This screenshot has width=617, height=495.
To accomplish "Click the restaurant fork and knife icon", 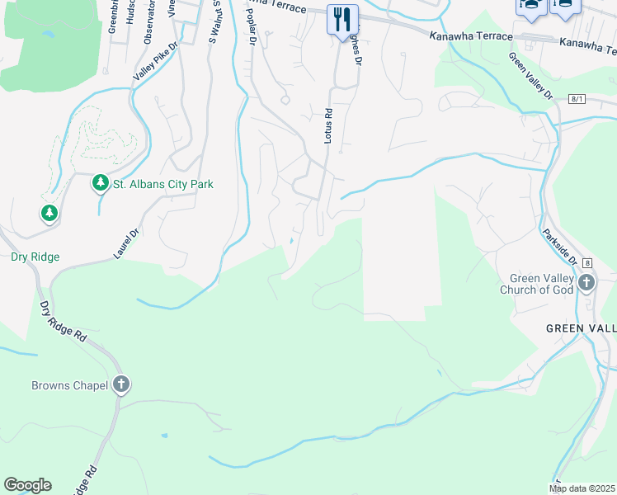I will click(341, 19).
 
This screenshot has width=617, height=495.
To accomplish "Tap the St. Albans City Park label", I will click(162, 184).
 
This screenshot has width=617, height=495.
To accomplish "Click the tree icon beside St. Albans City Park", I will click(101, 182).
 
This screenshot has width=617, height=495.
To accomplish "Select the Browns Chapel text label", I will click(70, 385).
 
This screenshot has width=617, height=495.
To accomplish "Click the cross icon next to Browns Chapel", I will click(120, 384).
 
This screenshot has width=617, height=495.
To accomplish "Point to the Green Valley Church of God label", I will click(541, 284).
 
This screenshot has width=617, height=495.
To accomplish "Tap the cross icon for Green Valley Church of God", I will click(586, 284).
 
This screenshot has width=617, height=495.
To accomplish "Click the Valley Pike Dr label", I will click(155, 63).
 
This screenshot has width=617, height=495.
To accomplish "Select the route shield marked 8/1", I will click(577, 99).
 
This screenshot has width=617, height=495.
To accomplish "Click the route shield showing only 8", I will click(586, 262).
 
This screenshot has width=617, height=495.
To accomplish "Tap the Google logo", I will click(27, 485).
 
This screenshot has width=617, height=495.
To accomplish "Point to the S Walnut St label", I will click(214, 21).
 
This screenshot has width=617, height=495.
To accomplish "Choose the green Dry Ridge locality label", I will click(35, 257).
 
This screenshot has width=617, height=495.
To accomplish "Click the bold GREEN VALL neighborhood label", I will click(581, 328).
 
